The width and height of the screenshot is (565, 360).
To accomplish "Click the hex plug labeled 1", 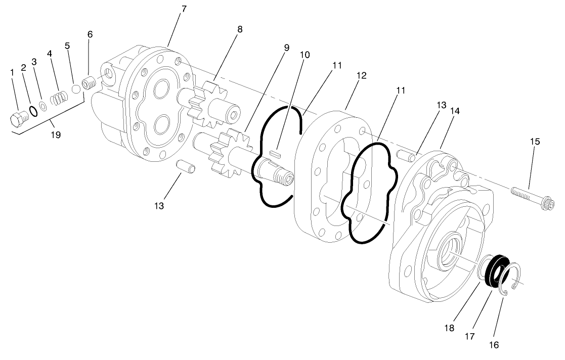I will [x=18, y=119].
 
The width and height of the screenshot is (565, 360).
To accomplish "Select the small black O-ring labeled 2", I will [x=32, y=111].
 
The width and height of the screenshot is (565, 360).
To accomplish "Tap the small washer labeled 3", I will [x=44, y=105].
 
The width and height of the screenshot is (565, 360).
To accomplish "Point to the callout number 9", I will [x=286, y=48].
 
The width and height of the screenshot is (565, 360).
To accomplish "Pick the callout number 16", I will [x=494, y=345].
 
